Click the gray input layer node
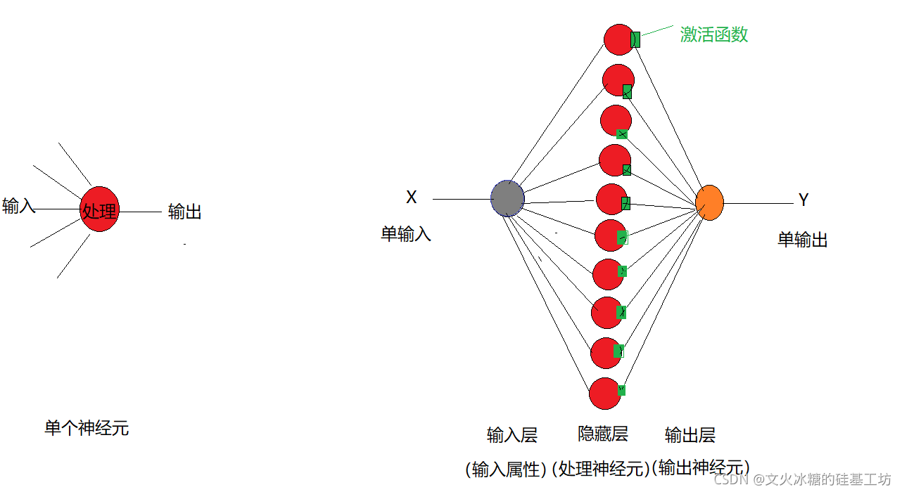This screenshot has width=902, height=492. (x=507, y=198)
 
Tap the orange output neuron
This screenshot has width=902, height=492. (x=709, y=202)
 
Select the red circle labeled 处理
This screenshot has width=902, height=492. (x=100, y=209)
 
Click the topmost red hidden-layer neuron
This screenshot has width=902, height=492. (x=619, y=39)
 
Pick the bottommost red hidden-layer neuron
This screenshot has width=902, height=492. (x=604, y=393)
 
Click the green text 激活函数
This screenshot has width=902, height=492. (x=714, y=34)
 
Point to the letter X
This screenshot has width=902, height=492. (x=412, y=198)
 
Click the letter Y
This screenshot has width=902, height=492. (x=803, y=200)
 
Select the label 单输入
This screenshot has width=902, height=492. (x=406, y=234)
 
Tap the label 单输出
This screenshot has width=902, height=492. (x=803, y=240)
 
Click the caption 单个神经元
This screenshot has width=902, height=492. (x=87, y=428)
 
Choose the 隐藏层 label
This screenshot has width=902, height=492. (x=603, y=434)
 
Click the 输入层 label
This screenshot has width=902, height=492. (x=512, y=435)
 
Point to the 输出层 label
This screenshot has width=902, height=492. (x=690, y=435)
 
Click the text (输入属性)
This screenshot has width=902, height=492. (x=507, y=469)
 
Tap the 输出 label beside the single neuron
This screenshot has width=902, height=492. (x=185, y=212)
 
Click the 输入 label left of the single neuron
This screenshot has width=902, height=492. (x=19, y=206)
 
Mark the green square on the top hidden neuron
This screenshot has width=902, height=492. (x=635, y=39)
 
